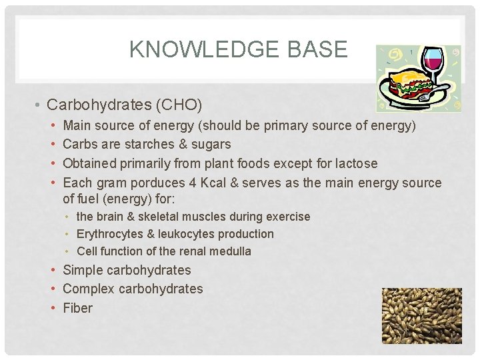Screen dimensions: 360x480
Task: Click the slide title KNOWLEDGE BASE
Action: [x=238, y=49]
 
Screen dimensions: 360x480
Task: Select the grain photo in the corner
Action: [x=421, y=315]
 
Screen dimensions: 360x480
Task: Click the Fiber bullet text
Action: [x=77, y=308]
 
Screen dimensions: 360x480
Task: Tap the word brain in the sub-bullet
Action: [x=111, y=217]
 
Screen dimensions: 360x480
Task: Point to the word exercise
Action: [x=288, y=217]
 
